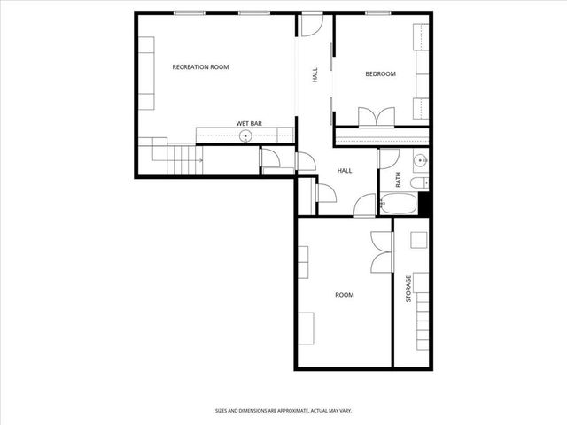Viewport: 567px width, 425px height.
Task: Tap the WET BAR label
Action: tap(247, 123)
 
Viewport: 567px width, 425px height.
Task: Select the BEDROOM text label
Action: tap(380, 74)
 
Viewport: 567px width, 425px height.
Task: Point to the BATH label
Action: tap(399, 180)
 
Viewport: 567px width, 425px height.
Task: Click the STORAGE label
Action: tap(408, 290)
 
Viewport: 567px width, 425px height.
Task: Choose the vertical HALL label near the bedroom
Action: tap(315, 77)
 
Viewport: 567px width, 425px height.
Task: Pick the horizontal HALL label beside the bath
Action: tap(345, 171)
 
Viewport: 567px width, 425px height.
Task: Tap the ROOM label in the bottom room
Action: tap(344, 295)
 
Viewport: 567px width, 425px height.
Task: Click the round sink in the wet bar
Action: tap(245, 135)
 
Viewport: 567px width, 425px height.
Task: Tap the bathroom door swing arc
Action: tap(388, 159)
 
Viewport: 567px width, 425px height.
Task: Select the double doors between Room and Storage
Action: tap(381, 251)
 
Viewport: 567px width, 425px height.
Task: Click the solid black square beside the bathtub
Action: tap(423, 204)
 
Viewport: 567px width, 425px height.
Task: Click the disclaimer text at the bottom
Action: tap(296, 411)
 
